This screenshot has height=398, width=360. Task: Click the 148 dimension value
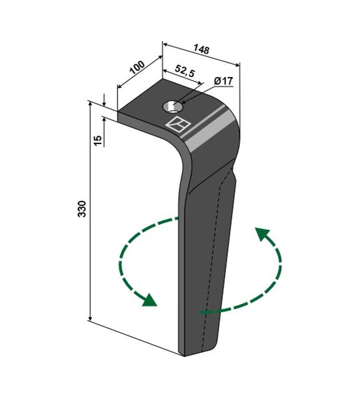[x=201, y=49]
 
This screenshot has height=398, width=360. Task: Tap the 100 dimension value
[x=137, y=67]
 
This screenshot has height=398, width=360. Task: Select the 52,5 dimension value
[x=185, y=71]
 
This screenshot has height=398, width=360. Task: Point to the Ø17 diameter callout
[x=223, y=81]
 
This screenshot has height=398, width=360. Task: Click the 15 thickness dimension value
[x=98, y=141]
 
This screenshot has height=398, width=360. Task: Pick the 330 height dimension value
[x=82, y=208]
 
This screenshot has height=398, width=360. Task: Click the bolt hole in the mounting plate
[x=173, y=107]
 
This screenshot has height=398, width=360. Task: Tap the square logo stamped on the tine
[x=178, y=124]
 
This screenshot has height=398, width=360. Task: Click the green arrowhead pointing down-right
[x=148, y=300]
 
